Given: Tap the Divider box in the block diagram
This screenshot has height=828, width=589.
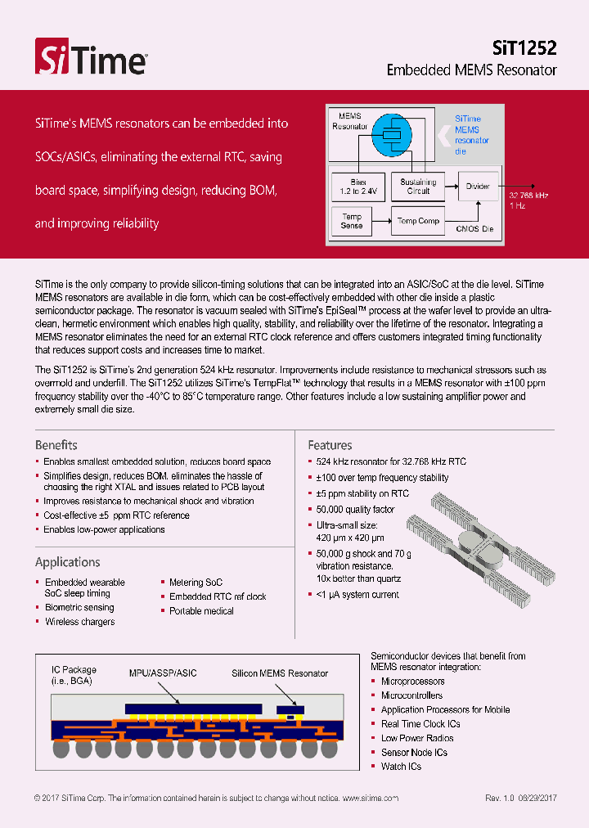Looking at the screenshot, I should coord(478,187).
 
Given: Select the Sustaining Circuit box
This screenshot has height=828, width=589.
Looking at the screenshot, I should coord(418,187).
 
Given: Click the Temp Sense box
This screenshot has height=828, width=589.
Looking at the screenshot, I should coord(352,221).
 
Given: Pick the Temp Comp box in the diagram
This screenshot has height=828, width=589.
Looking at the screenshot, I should coord(418,221).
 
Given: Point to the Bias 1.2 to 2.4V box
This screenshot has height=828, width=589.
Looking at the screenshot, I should coord(357,187).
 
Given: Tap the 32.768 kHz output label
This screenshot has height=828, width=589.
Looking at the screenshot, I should coord(529,196).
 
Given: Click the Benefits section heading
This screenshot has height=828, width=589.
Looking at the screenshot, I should coord(56,445).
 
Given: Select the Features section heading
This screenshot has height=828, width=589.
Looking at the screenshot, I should coord(330,445).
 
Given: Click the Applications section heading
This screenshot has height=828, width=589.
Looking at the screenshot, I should coord(68,562).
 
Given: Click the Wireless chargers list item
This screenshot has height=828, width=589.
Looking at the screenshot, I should coord(79,622).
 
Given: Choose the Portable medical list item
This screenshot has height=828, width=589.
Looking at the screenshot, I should coord(201,611).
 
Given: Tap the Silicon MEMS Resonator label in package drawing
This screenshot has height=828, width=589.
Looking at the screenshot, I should coord(280,673).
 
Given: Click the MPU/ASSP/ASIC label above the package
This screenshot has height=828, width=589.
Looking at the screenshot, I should coord(163,673).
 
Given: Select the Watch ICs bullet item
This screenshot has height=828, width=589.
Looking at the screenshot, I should coord(401,767).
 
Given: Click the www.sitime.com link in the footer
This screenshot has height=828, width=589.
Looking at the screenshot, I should coord(370,799).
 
